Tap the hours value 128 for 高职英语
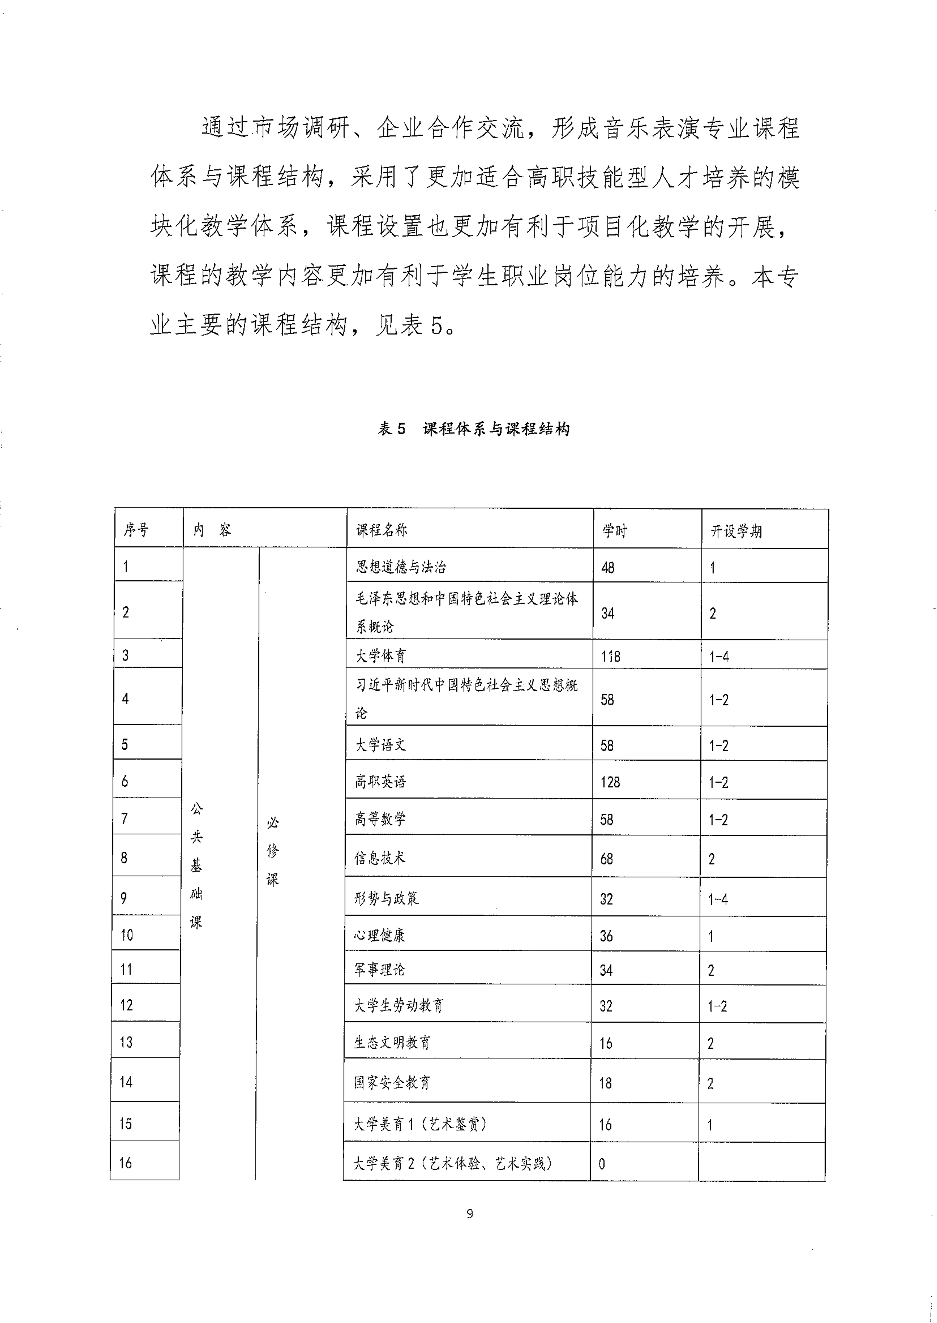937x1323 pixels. click(610, 782)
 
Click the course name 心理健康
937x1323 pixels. click(380, 935)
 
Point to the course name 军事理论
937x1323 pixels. click(380, 970)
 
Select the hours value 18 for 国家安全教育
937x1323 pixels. click(605, 1083)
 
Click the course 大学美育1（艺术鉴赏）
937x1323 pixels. click(421, 1124)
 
